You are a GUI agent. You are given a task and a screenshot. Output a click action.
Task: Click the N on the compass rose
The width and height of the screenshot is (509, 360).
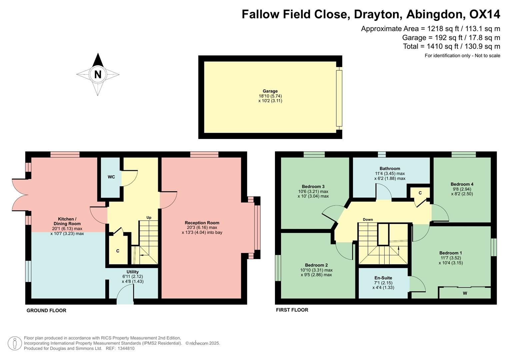[98, 74]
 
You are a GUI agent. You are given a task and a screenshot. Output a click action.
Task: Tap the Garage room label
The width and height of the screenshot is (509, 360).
[270, 91]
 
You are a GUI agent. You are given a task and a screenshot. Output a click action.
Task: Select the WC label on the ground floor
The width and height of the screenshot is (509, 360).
[111, 177]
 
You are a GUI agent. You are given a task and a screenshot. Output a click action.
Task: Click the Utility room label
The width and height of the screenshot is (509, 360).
[132, 272]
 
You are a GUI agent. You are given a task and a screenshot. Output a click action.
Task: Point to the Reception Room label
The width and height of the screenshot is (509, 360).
[202, 223]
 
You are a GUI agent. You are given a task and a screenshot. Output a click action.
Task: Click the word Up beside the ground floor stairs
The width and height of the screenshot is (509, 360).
[149, 218]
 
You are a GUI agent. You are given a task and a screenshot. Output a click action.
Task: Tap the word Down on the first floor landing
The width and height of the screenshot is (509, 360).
[368, 219]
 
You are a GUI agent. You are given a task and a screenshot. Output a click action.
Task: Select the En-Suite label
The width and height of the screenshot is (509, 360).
[383, 278]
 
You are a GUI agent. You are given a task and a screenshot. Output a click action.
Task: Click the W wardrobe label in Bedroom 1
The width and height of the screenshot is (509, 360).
[465, 293]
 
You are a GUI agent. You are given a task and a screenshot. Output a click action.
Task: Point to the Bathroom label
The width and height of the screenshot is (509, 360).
[390, 168]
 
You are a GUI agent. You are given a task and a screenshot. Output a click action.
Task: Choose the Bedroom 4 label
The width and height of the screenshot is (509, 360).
[462, 184]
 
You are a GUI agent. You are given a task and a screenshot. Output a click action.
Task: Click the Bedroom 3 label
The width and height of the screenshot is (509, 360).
[313, 186]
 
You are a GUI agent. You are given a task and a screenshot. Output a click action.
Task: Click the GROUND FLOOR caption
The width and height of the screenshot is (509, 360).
[46, 310]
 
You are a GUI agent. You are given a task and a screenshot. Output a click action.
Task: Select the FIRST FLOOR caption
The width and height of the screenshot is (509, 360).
[292, 310]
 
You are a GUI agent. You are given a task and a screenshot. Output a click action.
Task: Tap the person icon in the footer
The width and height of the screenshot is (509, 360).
[15, 343]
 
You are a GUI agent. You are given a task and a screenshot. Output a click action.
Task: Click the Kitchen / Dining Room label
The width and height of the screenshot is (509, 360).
[67, 221]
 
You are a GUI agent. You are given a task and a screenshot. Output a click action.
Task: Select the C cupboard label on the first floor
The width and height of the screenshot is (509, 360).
[420, 193]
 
